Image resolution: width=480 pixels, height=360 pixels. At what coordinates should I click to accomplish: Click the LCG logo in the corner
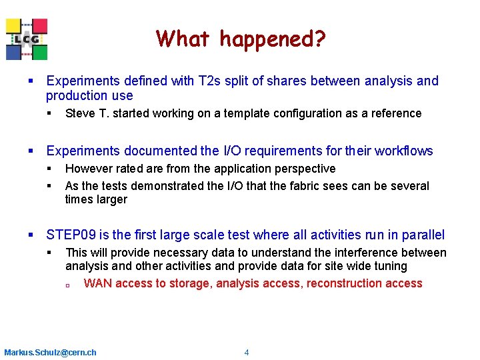tap(27, 39)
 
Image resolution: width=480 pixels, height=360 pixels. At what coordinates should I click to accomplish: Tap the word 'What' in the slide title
tap(184, 39)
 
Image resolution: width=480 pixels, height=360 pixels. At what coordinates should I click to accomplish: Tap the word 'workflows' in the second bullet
tap(403, 151)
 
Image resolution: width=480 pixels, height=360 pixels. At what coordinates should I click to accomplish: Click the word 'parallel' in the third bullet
tap(422, 235)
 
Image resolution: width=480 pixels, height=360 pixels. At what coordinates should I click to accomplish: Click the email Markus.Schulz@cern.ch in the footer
tap(50, 353)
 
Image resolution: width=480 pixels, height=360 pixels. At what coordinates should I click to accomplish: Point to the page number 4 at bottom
tap(247, 353)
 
